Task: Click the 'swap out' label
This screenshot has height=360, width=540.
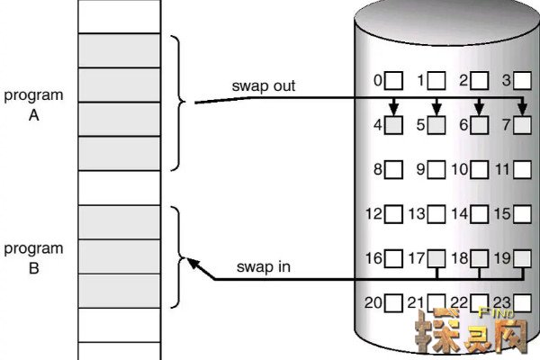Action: point(264,86)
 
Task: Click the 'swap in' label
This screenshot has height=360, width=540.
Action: point(263,266)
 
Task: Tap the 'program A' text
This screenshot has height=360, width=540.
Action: point(33,103)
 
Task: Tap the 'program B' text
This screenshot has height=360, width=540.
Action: point(33,256)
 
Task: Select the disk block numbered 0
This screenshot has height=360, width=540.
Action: point(394,81)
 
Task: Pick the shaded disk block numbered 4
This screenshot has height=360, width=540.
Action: point(394,125)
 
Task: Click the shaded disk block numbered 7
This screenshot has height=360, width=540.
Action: point(524,125)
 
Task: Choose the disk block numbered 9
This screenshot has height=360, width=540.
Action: point(436,168)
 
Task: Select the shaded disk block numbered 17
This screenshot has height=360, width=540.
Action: point(436,259)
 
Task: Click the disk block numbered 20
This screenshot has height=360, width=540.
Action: point(394,303)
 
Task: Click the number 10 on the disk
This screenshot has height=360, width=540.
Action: point(459,168)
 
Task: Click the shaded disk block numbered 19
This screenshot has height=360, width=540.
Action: point(524,259)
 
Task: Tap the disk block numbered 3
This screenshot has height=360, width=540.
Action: point(524,81)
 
